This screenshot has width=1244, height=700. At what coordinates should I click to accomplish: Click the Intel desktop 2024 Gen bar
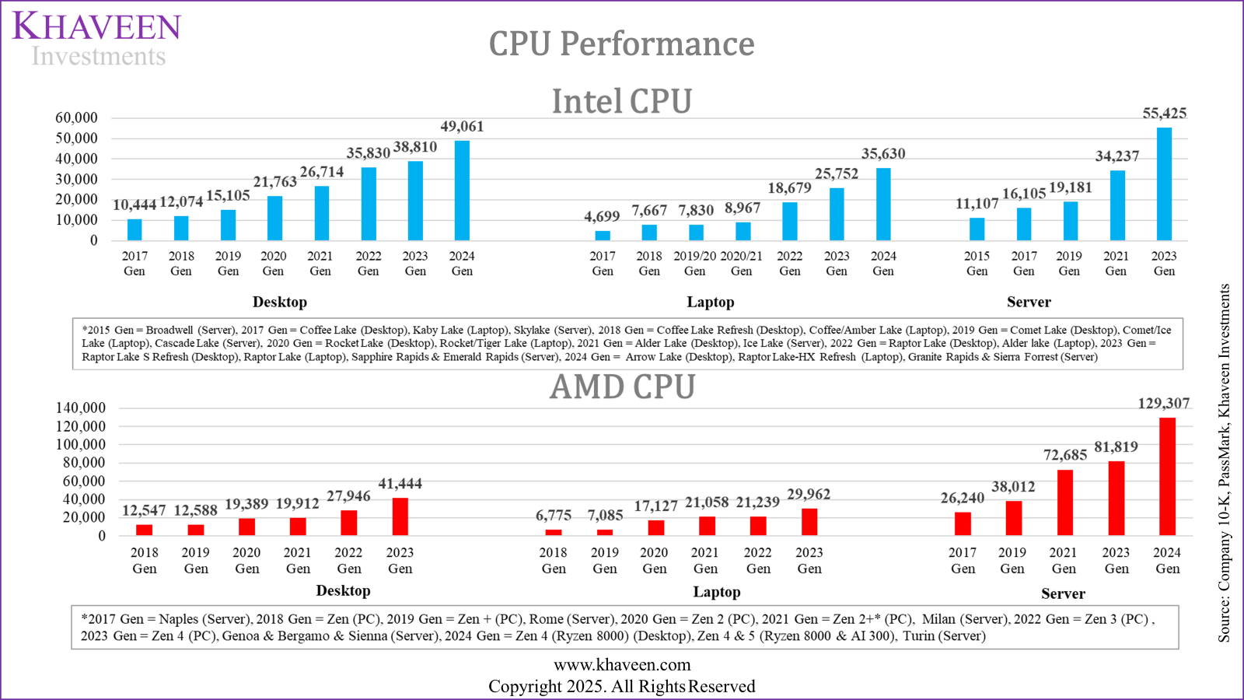462,191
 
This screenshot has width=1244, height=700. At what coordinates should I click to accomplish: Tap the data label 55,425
1164,114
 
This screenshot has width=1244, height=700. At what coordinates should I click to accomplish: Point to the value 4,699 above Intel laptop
602,216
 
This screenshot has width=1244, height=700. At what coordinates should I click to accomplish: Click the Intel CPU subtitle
621,102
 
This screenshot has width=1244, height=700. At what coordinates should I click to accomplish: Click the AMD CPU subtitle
622,387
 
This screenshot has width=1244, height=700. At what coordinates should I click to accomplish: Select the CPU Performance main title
621,44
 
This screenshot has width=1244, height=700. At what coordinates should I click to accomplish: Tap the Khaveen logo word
96,26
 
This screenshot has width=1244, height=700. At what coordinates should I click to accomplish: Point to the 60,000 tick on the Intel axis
76,118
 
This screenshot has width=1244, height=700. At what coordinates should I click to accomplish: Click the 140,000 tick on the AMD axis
80,408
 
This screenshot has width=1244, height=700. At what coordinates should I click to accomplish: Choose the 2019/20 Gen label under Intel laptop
694,263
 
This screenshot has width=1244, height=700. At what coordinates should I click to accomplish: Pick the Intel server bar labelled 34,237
1117,205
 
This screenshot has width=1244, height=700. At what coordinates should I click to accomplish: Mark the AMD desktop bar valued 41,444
400,516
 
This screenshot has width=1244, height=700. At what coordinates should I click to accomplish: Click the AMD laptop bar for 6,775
554,532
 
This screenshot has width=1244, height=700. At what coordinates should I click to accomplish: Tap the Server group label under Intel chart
1028,302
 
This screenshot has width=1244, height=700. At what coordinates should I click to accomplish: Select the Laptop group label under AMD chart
716,592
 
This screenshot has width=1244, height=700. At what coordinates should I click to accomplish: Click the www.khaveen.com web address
622,665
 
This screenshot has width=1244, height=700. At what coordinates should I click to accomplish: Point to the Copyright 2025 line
621,686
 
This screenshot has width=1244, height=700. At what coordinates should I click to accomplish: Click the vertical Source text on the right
1224,463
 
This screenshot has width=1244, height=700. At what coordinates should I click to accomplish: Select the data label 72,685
1064,455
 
